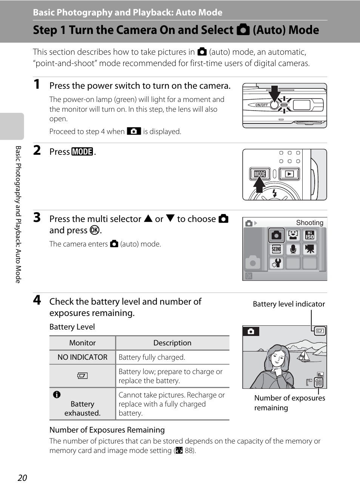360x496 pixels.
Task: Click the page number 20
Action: pos(22,478)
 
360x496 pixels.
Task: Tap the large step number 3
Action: pos(37,218)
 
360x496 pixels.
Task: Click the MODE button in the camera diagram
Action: pos(260,174)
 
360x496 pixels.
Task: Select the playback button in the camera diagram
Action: pos(289,174)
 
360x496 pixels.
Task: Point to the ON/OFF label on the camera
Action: pos(262,105)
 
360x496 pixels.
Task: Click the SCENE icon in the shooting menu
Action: pos(277,249)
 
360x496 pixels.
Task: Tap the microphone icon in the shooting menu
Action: pos(293,249)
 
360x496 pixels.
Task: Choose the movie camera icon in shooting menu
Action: pos(310,249)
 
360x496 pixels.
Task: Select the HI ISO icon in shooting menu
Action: pos(310,235)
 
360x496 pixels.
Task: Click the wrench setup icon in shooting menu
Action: pos(277,263)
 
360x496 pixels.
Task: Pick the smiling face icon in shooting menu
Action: pos(293,235)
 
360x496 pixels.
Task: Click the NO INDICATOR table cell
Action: pos(82,357)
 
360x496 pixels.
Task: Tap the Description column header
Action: pos(172,343)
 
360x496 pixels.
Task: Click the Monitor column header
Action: pos(82,343)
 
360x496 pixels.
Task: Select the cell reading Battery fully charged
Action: pos(152,357)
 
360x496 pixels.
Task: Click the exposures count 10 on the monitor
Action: pos(318,382)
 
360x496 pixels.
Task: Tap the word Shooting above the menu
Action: pos(309,223)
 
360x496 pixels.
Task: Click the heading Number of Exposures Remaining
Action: pos(107,430)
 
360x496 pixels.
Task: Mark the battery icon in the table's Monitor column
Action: pos(82,376)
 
